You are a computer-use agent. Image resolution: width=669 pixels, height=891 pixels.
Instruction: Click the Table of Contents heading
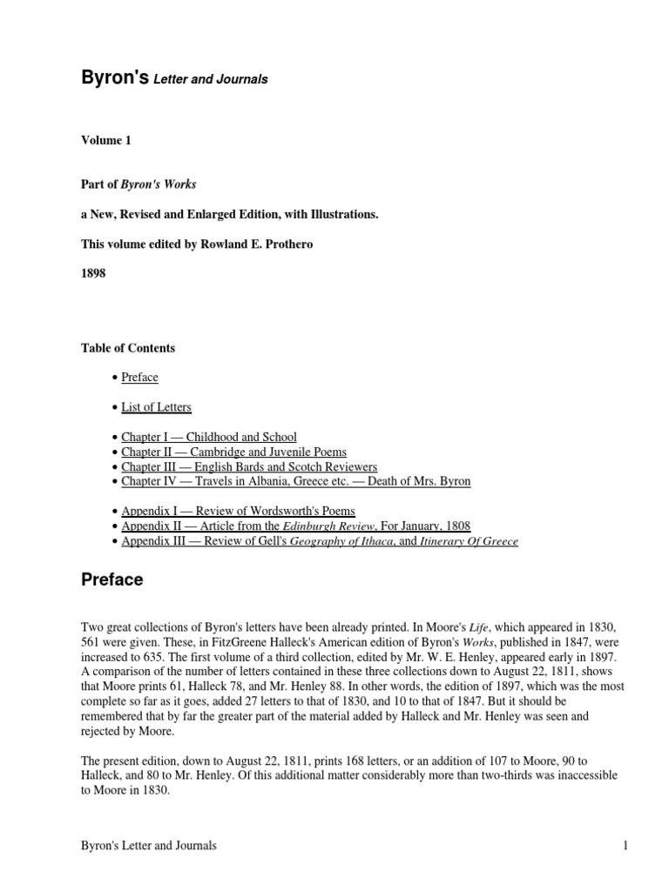coord(128,348)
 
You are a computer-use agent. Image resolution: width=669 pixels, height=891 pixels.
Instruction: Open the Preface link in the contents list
coord(139,378)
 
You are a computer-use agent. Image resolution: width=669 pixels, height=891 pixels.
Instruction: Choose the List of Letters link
coord(156,407)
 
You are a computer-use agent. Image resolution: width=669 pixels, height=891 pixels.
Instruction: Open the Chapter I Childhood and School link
coord(209,437)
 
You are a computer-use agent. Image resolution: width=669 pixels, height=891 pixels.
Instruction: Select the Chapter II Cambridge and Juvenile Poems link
coord(233,452)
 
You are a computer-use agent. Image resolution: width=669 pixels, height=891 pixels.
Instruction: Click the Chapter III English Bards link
coord(236,467)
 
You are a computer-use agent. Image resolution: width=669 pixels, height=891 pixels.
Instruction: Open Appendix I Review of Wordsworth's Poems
coord(238,512)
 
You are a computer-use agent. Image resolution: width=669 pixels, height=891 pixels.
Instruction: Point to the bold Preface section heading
coord(112,579)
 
